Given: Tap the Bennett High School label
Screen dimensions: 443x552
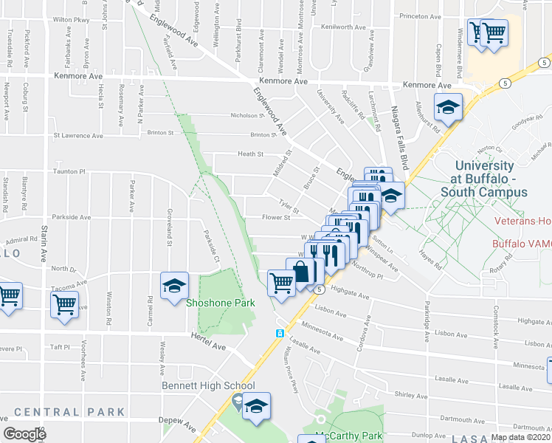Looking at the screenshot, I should (208, 385).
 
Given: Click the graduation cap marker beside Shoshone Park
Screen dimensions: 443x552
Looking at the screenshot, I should (174, 287).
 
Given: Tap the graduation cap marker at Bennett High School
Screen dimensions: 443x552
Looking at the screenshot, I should (256, 407).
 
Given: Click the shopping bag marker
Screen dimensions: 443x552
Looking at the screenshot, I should (302, 272).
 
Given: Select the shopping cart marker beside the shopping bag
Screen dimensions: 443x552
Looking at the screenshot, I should (282, 281).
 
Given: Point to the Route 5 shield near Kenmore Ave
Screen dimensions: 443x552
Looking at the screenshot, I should (504, 83).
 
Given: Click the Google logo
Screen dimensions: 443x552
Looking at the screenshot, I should (25, 434).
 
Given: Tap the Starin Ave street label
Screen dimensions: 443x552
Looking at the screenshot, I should (44, 241).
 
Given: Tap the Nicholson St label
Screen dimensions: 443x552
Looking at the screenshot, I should (247, 115).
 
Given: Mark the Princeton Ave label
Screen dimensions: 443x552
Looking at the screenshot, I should (419, 16).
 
